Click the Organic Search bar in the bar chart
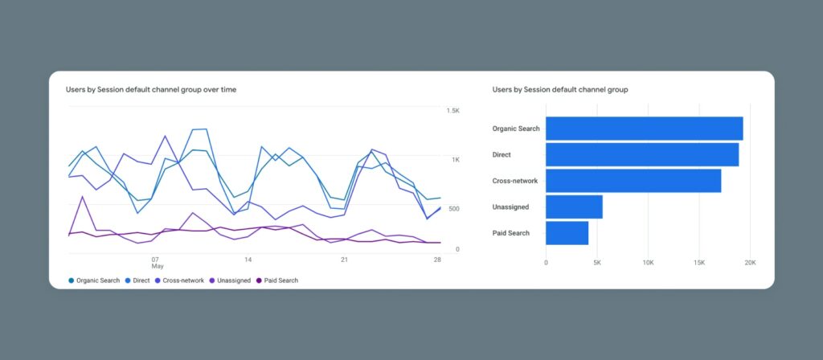(x=644, y=129)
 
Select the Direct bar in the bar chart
(x=642, y=154)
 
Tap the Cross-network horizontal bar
(x=633, y=181)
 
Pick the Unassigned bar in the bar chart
(x=574, y=207)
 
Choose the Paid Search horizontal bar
(x=567, y=233)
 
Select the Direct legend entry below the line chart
(x=141, y=280)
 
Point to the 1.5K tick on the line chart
(x=453, y=110)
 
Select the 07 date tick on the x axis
(x=155, y=260)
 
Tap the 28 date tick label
(x=437, y=260)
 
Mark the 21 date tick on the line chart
(x=344, y=260)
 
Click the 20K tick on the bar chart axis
(x=750, y=263)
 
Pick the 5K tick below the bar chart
(x=597, y=263)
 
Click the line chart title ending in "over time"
(x=151, y=90)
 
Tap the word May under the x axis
(x=157, y=267)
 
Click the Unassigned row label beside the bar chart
(x=510, y=207)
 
